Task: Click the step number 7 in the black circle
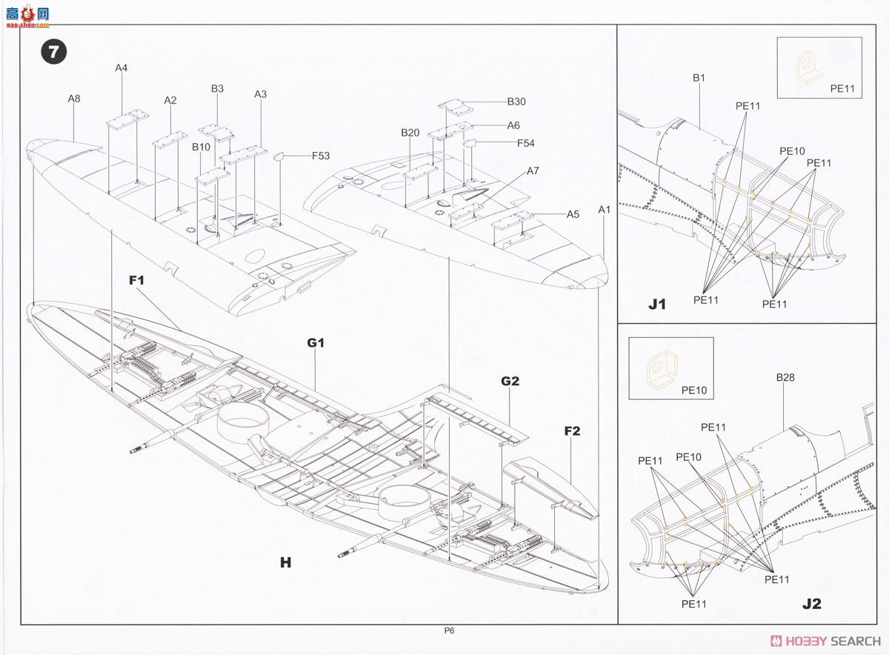[54, 52]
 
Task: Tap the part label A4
[121, 68]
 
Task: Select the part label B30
[516, 102]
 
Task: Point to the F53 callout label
[321, 156]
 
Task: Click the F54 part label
[525, 143]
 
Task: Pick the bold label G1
[316, 342]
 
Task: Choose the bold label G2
[510, 381]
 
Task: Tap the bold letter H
[286, 562]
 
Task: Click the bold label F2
[572, 431]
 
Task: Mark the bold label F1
[136, 280]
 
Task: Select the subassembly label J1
[657, 304]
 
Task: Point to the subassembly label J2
[812, 604]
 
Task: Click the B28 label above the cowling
[785, 377]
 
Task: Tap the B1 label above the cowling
[699, 78]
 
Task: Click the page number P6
[449, 631]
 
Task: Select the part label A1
[604, 209]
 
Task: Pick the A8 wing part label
[74, 99]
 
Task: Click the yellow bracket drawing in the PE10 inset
[660, 370]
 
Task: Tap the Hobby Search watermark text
[826, 641]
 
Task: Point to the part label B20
[410, 133]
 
